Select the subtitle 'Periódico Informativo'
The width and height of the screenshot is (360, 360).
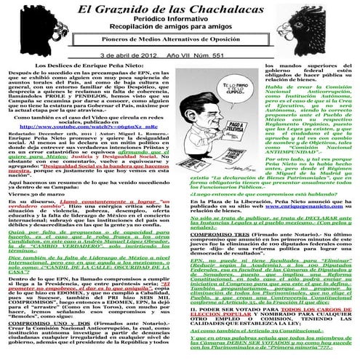180,25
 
